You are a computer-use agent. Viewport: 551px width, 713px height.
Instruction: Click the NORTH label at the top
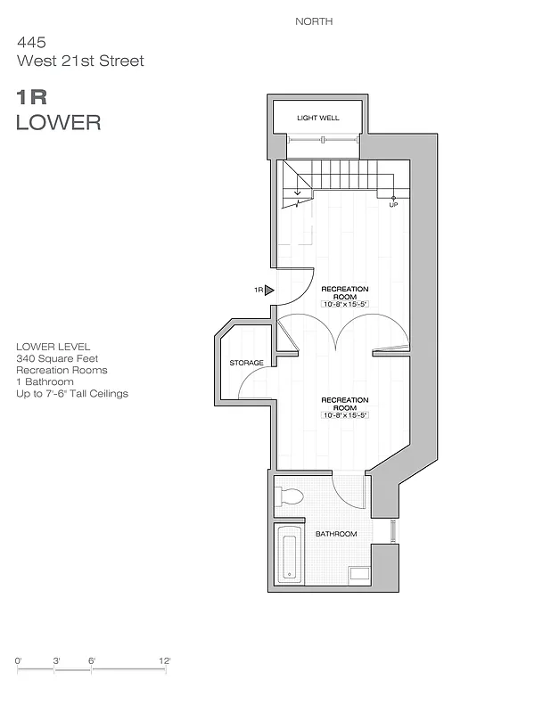click(x=314, y=21)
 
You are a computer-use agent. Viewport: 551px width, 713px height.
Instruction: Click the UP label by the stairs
click(x=393, y=205)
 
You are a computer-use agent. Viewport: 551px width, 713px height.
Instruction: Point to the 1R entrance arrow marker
click(x=268, y=290)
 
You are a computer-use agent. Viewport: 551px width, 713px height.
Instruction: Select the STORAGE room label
click(x=246, y=363)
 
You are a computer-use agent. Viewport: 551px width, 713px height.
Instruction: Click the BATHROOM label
click(x=336, y=534)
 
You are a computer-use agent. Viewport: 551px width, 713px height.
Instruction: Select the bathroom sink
click(x=358, y=574)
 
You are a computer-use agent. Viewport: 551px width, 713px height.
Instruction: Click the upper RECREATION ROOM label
click(x=345, y=293)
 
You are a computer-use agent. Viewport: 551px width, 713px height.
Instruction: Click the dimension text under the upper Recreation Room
click(x=345, y=305)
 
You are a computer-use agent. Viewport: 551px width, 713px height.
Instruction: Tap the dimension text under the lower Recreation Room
click(x=345, y=415)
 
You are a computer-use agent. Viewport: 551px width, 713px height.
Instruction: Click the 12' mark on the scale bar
click(x=164, y=660)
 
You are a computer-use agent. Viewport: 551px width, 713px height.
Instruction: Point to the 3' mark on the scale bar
click(x=56, y=660)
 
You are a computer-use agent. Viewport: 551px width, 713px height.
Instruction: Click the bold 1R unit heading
click(x=31, y=96)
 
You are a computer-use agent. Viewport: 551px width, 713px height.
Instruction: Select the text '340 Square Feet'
click(x=55, y=357)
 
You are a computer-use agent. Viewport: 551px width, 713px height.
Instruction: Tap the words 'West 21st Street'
click(x=79, y=61)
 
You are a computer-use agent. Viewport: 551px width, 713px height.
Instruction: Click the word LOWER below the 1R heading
click(x=58, y=123)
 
